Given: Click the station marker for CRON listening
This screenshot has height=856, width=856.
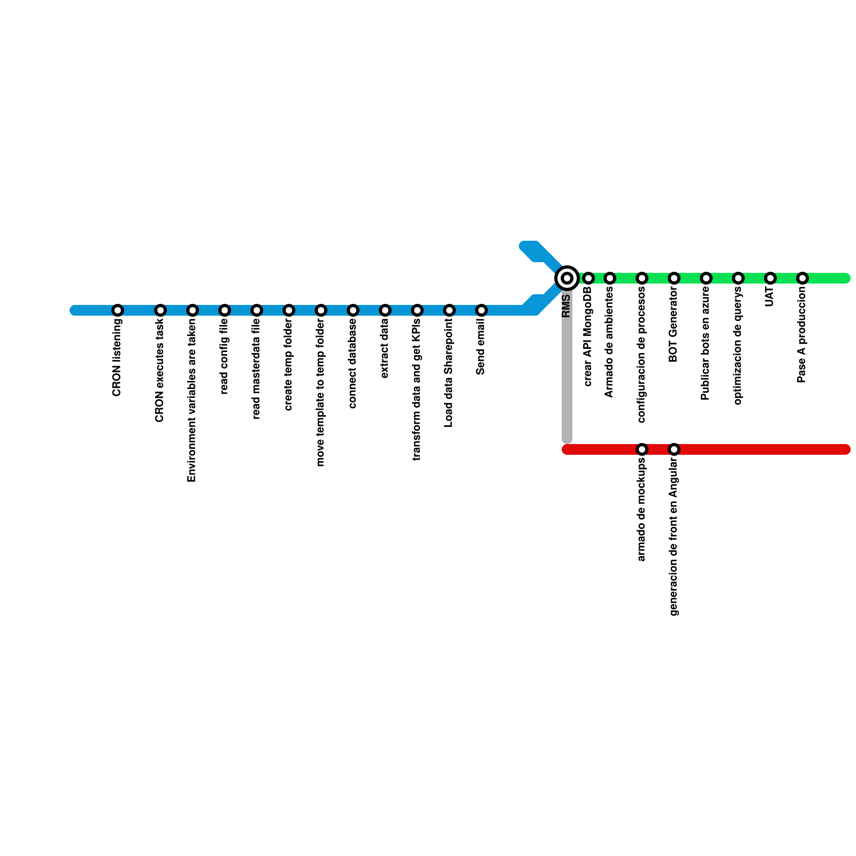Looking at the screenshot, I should tap(118, 310).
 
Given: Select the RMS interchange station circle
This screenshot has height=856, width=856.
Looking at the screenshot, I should tap(567, 278).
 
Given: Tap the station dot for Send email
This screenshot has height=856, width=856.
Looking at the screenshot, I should tap(481, 310).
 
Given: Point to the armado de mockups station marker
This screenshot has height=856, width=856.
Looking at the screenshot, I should tap(642, 449).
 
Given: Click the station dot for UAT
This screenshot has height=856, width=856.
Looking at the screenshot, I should tap(770, 278).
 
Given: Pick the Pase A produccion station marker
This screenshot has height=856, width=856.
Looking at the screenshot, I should tap(802, 278).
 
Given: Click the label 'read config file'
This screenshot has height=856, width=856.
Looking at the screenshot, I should tap(225, 356).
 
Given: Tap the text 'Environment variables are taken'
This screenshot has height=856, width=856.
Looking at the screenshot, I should tap(192, 400).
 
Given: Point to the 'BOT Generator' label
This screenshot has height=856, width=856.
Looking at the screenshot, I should tap(674, 325).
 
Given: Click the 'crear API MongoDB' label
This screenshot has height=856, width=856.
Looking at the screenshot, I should tap(588, 337).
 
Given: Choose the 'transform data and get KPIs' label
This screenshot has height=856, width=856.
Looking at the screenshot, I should tap(417, 389).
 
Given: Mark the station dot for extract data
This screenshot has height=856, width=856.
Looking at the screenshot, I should tap(385, 310).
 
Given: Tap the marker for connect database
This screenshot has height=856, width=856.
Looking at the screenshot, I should tap(353, 310).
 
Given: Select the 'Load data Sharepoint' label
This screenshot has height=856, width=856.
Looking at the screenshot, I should tap(449, 373).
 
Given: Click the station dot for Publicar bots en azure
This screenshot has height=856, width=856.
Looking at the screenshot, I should tap(706, 278).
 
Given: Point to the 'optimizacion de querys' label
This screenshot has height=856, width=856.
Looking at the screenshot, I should tap(738, 346).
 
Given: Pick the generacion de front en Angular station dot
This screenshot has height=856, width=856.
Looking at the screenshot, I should tap(674, 449).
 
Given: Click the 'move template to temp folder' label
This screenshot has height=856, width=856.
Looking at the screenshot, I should tap(320, 393).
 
